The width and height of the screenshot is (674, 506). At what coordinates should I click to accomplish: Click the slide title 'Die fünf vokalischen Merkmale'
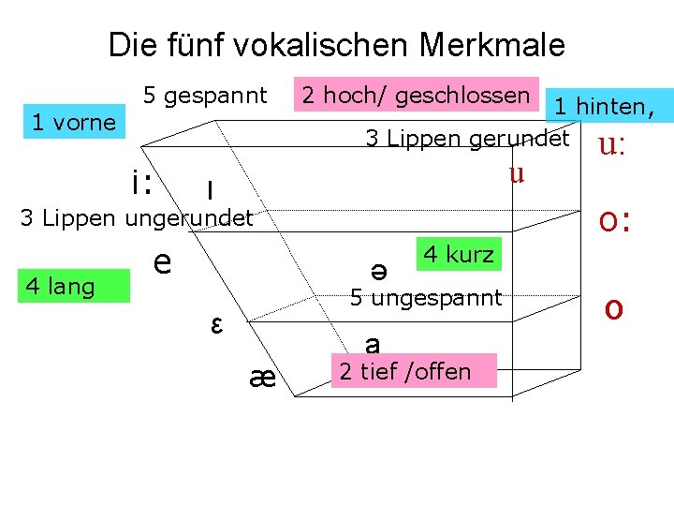[337, 44]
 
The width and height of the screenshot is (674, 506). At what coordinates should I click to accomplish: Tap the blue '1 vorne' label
[74, 122]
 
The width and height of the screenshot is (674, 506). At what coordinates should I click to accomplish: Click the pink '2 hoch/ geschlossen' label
[416, 95]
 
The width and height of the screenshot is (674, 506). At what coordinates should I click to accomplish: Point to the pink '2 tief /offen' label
[404, 371]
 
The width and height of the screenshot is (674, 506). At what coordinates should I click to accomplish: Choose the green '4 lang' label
[61, 286]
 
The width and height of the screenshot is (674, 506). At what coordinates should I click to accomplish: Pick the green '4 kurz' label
[459, 254]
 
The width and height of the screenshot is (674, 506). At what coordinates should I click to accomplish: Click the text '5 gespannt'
[205, 96]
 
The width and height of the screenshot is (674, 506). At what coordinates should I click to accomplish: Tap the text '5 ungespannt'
[426, 299]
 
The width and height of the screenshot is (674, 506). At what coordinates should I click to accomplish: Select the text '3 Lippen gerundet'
[467, 140]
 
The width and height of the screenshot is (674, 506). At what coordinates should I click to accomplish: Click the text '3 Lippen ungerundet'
[137, 219]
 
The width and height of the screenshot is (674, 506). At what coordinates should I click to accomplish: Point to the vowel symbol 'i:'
[143, 182]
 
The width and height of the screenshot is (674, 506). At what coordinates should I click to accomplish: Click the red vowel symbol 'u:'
[611, 146]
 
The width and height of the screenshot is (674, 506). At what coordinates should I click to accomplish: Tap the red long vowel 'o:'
[614, 221]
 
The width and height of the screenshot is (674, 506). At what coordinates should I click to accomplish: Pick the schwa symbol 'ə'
[379, 269]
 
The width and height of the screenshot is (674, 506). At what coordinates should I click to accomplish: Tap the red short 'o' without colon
[614, 307]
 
